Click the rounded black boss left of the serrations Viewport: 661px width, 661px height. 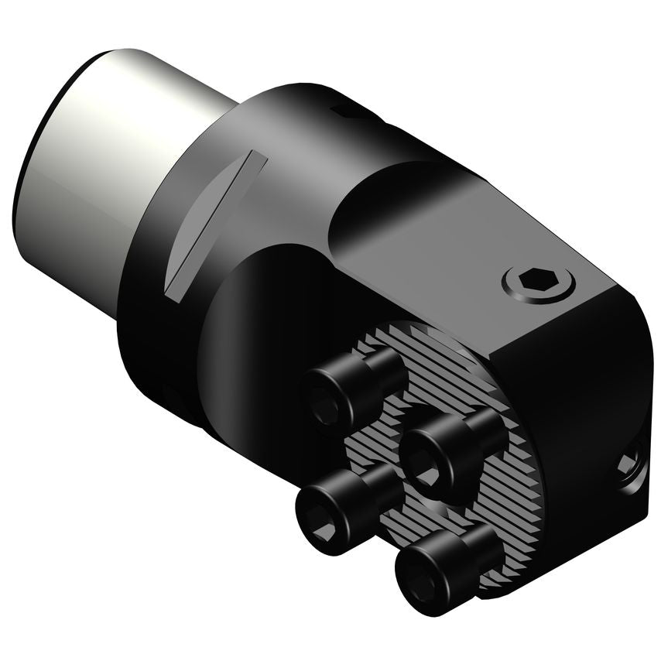tap(263, 325)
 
